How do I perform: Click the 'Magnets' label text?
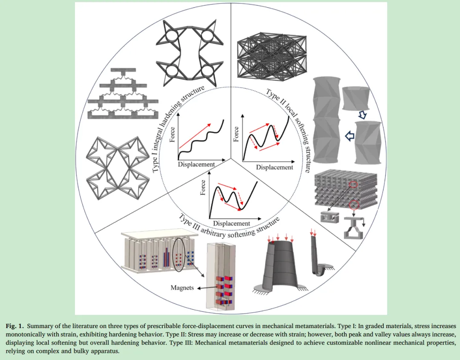182,288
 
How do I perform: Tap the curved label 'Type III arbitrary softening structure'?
230,226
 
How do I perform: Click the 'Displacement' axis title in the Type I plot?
196,164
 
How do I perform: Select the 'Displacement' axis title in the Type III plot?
231,223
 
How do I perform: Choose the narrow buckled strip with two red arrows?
317,256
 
